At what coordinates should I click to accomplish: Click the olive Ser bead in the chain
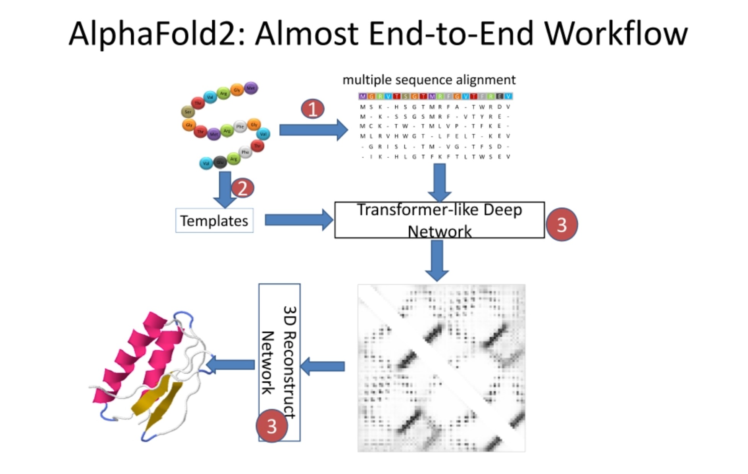tap(188, 112)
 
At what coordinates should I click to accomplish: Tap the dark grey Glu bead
tap(220, 162)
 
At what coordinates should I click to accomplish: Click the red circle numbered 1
tap(312, 109)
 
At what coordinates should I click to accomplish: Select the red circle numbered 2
tap(242, 188)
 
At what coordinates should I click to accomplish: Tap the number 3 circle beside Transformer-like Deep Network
tap(561, 225)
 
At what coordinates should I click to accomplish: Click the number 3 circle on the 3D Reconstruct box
tap(272, 426)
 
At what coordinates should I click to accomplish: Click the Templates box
tap(214, 221)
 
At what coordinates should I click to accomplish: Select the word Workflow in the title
tap(616, 34)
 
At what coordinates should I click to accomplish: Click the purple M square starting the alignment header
tap(363, 96)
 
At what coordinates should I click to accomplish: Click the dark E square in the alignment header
tap(500, 96)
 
